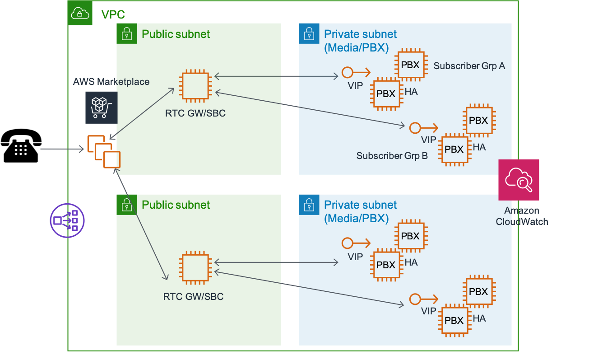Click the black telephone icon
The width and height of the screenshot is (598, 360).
[21, 145]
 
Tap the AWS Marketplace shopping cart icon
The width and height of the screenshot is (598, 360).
[102, 108]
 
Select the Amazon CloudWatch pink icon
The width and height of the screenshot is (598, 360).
[519, 180]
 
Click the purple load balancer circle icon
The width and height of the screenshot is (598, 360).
[67, 220]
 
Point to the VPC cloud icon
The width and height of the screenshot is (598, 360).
[80, 13]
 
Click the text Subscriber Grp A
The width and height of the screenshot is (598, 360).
[469, 66]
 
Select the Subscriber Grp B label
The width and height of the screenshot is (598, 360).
[392, 155]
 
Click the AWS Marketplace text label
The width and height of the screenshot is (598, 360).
[111, 81]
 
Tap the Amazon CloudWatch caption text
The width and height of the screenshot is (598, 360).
[522, 216]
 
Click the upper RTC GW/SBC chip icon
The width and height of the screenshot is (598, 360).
[195, 86]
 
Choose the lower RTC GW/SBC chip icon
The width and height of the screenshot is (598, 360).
[195, 267]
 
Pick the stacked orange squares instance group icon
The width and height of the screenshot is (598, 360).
[104, 151]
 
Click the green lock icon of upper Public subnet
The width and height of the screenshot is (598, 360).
[127, 34]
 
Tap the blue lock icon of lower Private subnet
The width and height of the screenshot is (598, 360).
[309, 205]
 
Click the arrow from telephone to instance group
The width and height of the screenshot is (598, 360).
[62, 149]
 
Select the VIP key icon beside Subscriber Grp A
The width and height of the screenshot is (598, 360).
[356, 72]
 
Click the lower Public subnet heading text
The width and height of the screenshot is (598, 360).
[176, 205]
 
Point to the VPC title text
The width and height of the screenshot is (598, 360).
[113, 14]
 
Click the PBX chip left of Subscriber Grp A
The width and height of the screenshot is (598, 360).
[412, 65]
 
